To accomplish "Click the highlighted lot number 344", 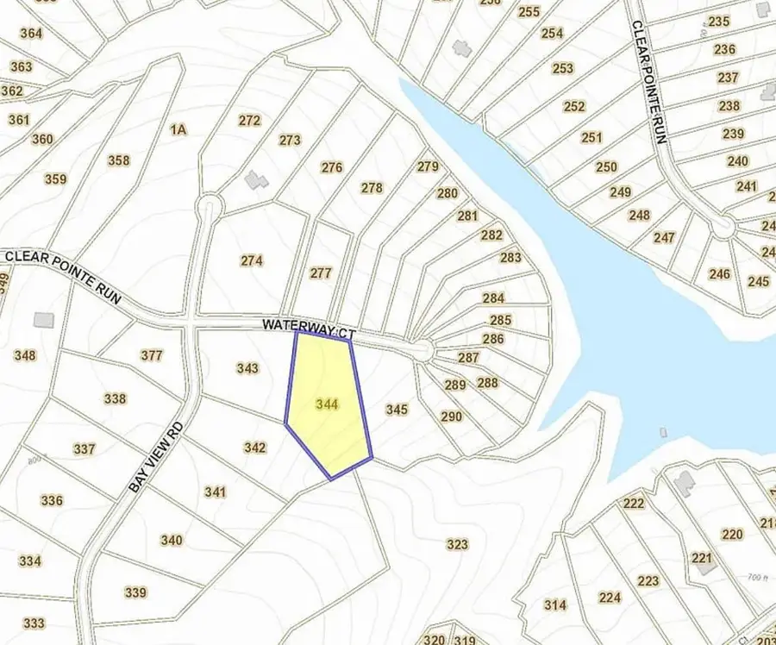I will tap(327, 404).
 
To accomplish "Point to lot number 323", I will tap(457, 544).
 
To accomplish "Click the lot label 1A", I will tap(178, 130).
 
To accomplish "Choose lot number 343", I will tap(247, 368).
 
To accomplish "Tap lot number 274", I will tap(251, 260).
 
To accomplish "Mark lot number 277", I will tap(320, 272).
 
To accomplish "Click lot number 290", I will tap(451, 416).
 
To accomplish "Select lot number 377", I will tap(151, 355).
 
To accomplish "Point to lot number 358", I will tap(118, 160).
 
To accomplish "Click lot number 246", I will tap(719, 274).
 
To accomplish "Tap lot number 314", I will tap(555, 604).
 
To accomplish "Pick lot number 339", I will tap(135, 592).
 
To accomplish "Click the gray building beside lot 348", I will tap(43, 319).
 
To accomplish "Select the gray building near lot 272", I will tap(254, 179).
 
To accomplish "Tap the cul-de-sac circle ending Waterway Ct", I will tap(422, 350).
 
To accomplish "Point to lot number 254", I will tap(552, 34).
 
